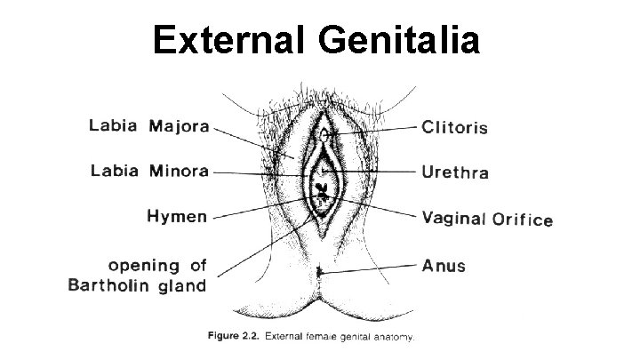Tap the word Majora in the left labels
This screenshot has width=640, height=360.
tap(179, 127)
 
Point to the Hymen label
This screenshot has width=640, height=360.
tap(177, 216)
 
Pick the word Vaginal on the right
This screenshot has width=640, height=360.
tap(452, 219)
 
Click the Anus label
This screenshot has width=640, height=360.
tap(444, 264)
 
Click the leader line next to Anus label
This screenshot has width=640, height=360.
tap(373, 267)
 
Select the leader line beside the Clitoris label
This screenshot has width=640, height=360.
tap(373, 129)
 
